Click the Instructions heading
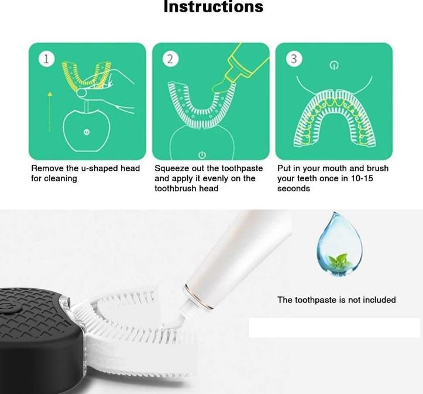(214, 6)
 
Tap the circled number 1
(46, 59)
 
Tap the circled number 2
(170, 59)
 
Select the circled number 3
(294, 59)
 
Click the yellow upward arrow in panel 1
(50, 112)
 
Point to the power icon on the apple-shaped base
(87, 132)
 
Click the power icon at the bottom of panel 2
(202, 155)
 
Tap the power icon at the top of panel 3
(334, 65)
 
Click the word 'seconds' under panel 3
(294, 188)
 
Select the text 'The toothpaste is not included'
(336, 300)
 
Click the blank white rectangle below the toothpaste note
(334, 327)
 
